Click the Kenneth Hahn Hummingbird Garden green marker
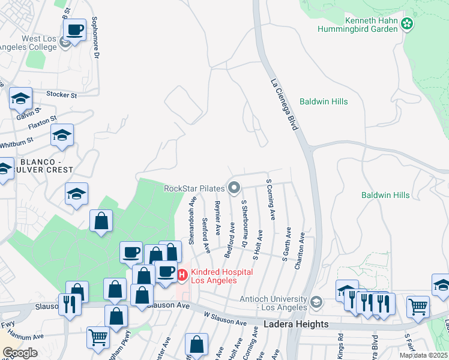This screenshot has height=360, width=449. pyautogui.click(x=408, y=24)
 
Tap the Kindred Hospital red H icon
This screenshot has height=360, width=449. pyautogui.click(x=182, y=275)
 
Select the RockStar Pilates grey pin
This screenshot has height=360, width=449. pyautogui.click(x=235, y=188)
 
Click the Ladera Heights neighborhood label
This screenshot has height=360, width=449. pyautogui.click(x=297, y=324)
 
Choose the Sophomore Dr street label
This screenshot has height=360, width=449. pyautogui.click(x=94, y=38)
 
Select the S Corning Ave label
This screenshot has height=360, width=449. pyautogui.click(x=270, y=199)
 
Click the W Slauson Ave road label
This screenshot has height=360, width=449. pyautogui.click(x=225, y=319)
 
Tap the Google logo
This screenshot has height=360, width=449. pyautogui.click(x=20, y=353)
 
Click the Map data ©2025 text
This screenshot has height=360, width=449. pyautogui.click(x=424, y=355)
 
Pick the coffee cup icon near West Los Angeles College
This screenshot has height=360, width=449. pyautogui.click(x=75, y=29)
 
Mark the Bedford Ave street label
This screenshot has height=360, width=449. pyautogui.click(x=230, y=241)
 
